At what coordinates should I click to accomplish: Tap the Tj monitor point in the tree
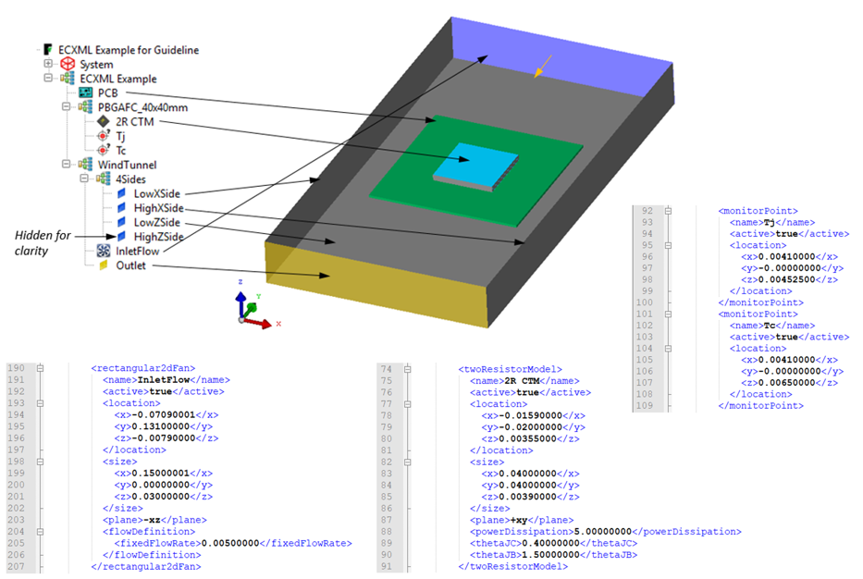pyautogui.click(x=120, y=136)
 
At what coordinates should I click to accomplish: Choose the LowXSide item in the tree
pyautogui.click(x=155, y=193)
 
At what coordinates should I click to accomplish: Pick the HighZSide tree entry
pyautogui.click(x=156, y=237)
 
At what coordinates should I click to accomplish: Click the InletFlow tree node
pyautogui.click(x=137, y=251)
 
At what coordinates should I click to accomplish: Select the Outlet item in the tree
pyautogui.click(x=129, y=265)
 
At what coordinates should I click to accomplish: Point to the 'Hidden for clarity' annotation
pyautogui.click(x=43, y=243)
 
